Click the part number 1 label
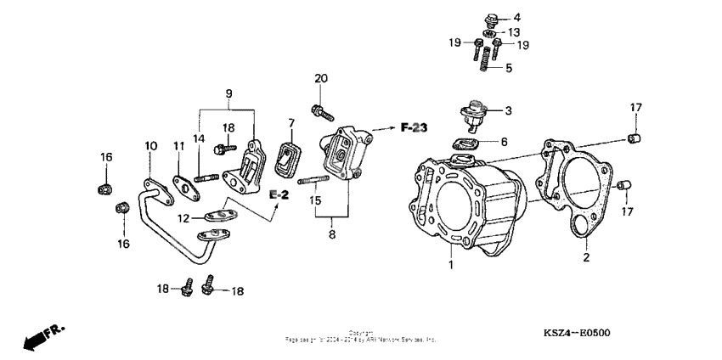tap(452, 265)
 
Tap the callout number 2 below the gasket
tap(585, 256)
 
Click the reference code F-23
tap(414, 128)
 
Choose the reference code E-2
tap(281, 195)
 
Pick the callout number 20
tap(320, 79)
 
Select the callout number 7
tap(290, 124)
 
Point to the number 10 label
tap(150, 146)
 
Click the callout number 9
tap(228, 93)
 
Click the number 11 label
tap(179, 147)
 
